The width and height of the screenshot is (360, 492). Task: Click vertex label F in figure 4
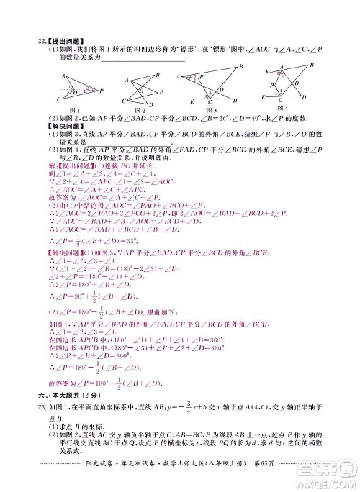(x=269, y=73)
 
